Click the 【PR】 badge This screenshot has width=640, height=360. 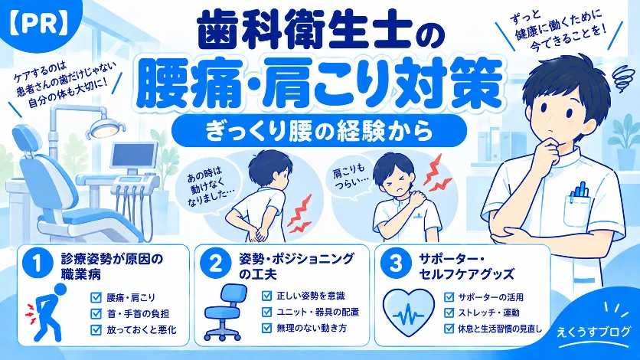click(38, 24)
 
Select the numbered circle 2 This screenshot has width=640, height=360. click(216, 263)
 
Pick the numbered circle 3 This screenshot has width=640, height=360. click(395, 263)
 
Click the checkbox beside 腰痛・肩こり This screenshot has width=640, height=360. click(96, 297)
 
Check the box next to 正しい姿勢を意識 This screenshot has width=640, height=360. click(266, 296)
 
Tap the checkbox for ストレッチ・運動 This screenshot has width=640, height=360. click(449, 313)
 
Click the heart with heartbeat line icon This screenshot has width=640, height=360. click(409, 312)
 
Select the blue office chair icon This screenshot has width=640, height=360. click(227, 313)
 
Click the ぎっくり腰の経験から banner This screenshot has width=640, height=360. click(318, 131)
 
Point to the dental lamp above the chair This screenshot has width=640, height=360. click(104, 127)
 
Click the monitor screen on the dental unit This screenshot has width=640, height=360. click(134, 157)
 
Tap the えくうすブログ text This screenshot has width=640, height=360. click(593, 332)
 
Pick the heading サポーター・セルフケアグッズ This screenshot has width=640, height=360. click(466, 266)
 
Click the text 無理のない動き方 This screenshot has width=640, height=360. click(312, 328)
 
